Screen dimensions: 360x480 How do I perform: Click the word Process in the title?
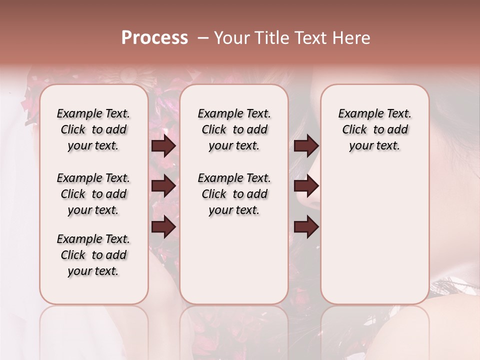click(x=154, y=38)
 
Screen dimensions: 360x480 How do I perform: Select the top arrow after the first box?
click(x=163, y=146)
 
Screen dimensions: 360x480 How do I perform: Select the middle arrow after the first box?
click(x=163, y=186)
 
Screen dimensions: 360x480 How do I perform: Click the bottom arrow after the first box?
click(x=163, y=226)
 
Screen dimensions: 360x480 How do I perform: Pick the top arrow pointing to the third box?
click(x=306, y=146)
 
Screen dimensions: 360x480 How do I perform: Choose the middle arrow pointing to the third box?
click(x=306, y=186)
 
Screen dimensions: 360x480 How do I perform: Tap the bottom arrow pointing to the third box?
click(x=306, y=226)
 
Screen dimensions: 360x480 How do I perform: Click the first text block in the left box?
click(x=93, y=129)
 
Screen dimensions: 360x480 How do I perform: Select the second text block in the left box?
click(x=93, y=194)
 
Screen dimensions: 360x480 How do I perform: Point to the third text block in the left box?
click(x=93, y=255)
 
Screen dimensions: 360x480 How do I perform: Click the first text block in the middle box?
click(x=234, y=129)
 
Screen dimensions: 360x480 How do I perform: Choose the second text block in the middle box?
click(x=234, y=194)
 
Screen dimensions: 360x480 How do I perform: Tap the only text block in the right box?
click(x=374, y=129)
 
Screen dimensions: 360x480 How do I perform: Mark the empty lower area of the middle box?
click(x=234, y=260)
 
